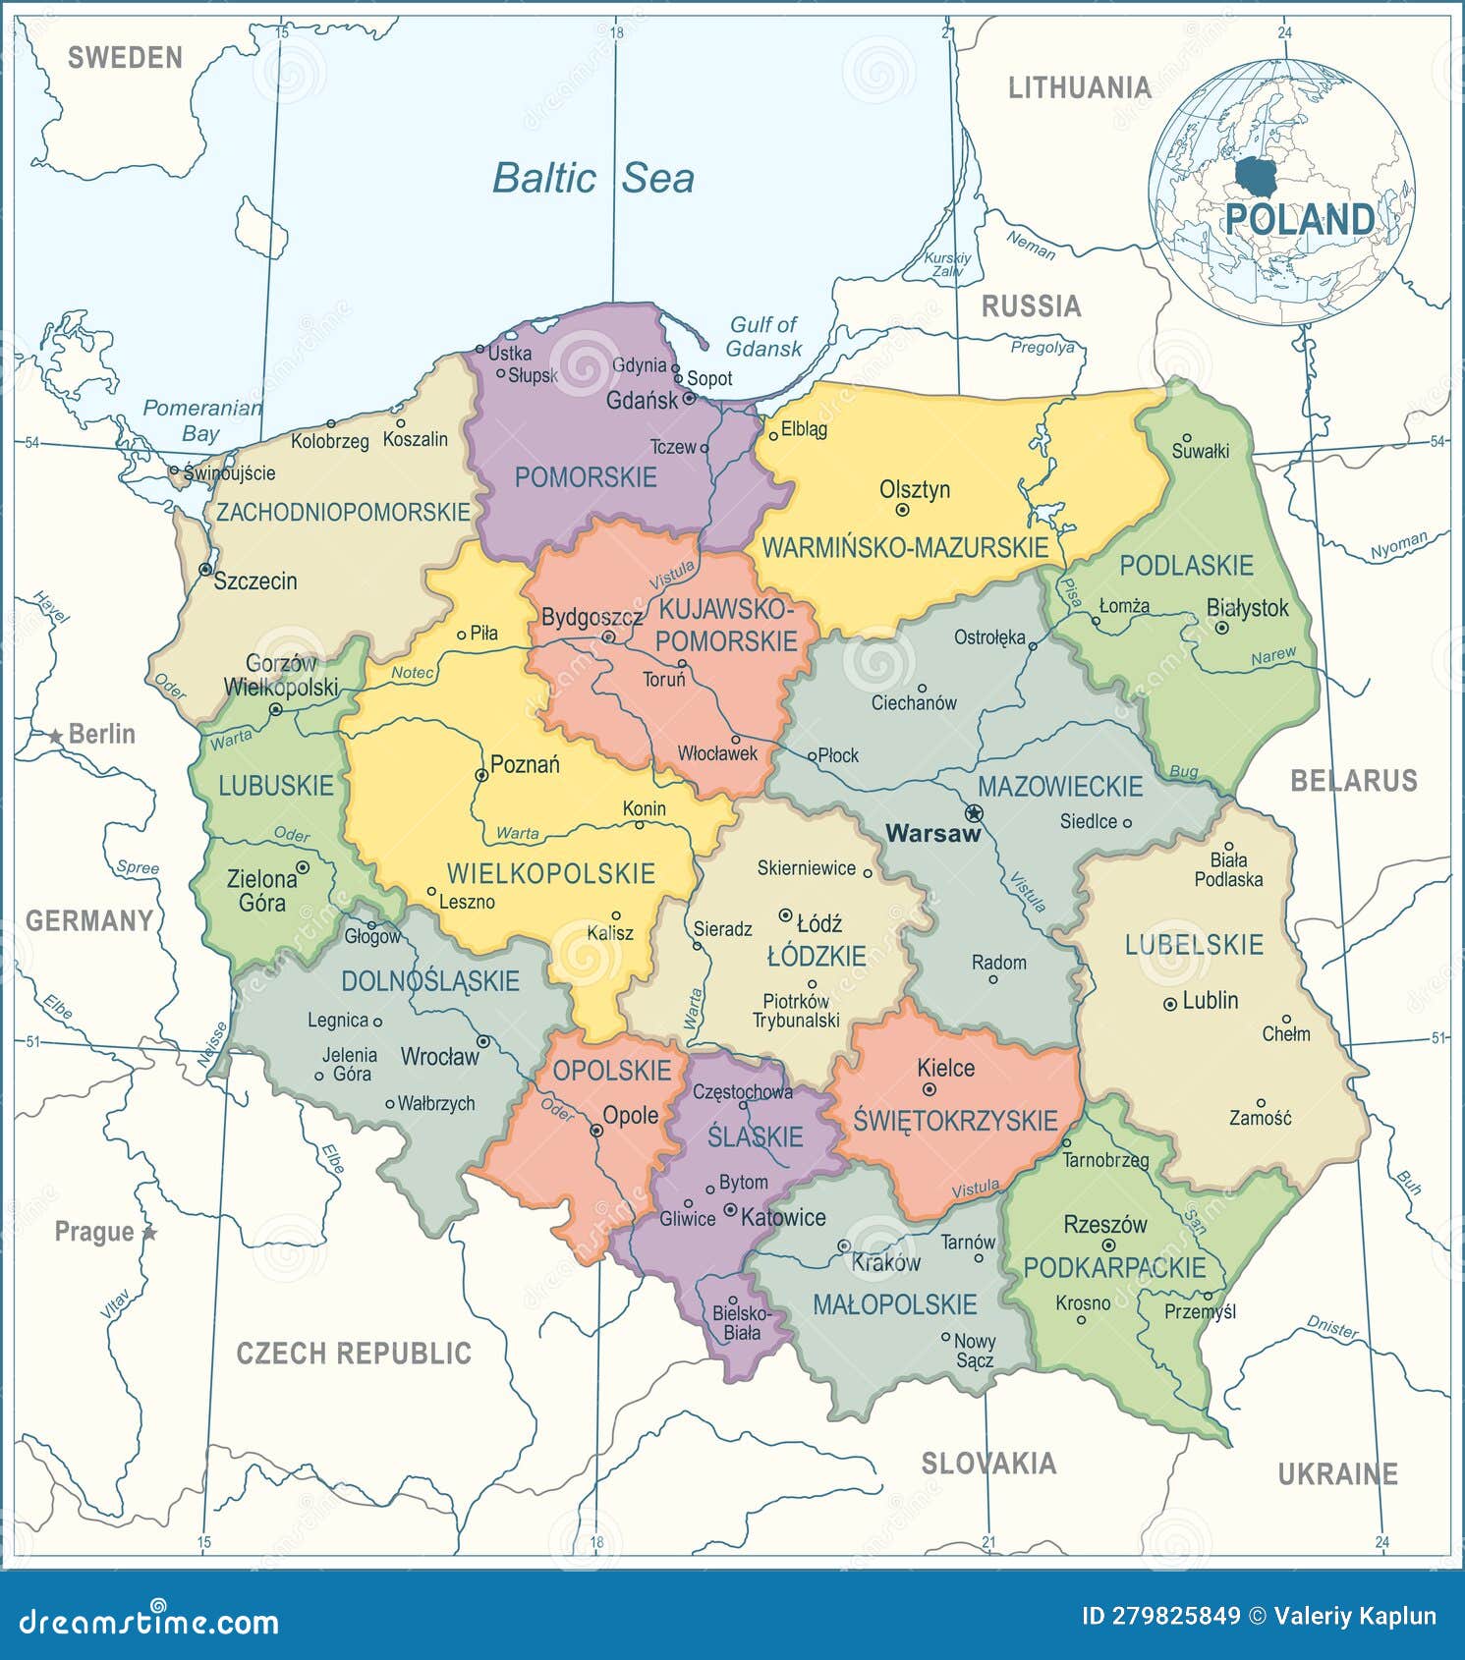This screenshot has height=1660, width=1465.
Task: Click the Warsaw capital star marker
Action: coord(974,813)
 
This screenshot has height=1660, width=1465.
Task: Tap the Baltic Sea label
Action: coord(593,178)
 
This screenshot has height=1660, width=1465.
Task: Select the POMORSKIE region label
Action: coord(586,478)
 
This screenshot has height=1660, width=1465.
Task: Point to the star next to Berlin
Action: coord(56,736)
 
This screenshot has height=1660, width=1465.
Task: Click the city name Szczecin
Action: coord(255,581)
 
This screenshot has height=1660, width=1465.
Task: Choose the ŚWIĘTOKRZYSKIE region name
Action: coord(954,1121)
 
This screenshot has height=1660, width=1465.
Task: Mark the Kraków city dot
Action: coord(843,1245)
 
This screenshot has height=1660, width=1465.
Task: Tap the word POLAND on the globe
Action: coord(1299,219)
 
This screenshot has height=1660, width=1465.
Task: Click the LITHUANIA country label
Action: coord(1079,88)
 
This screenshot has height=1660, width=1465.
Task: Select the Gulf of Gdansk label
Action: coord(763,336)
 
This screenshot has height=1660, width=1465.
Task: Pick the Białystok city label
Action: coord(1247,608)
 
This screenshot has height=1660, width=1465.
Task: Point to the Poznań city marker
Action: coord(481,775)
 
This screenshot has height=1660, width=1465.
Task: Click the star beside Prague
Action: coord(149,1232)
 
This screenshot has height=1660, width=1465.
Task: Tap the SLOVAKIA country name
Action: coord(988,1464)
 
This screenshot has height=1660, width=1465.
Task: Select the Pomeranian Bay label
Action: coord(202,419)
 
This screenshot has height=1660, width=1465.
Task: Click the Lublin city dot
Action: coord(1169,1004)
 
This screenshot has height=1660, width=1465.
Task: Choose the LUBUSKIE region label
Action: coord(276,786)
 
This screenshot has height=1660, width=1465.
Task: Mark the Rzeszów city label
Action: coord(1105,1225)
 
